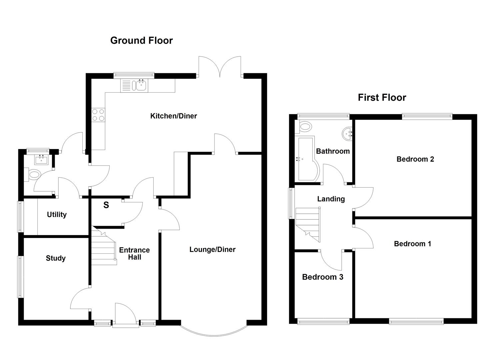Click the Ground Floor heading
click(x=141, y=40)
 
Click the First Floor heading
click(x=382, y=97)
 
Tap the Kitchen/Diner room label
click(x=173, y=116)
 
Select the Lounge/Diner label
click(x=212, y=249)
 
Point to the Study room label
click(x=56, y=258)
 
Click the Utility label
click(x=57, y=214)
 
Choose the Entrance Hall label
click(x=134, y=254)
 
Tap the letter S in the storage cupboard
click(x=106, y=205)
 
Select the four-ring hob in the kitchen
click(x=98, y=115)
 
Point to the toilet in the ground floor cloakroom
click(x=34, y=174)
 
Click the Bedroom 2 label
click(x=415, y=159)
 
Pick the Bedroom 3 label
click(x=322, y=277)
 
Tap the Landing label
click(x=331, y=199)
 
